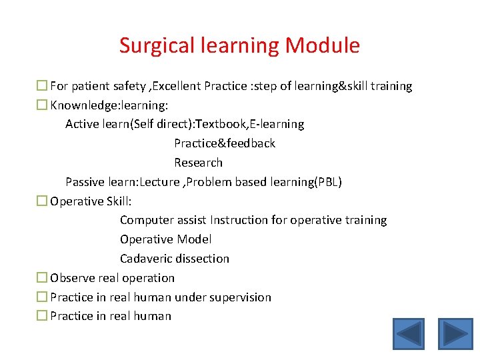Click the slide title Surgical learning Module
(239, 45)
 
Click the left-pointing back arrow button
(408, 333)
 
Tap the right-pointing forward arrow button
(455, 333)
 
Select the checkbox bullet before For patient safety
(42, 86)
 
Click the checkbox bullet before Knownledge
(42, 105)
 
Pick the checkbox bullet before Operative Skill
(42, 201)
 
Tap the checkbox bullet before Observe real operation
(42, 278)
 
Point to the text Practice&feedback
(225, 143)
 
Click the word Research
(198, 163)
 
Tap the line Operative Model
(165, 239)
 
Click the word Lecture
(160, 182)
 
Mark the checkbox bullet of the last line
(42, 317)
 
